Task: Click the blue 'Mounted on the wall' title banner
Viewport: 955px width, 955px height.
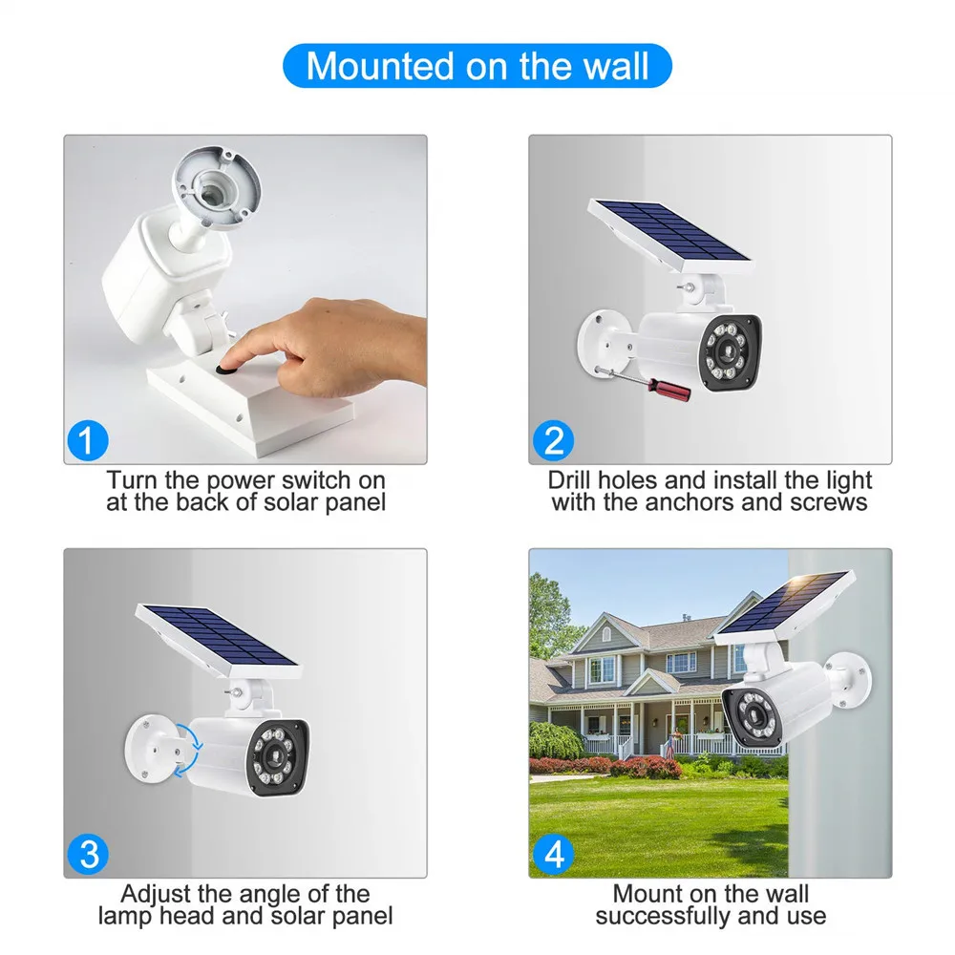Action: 477,66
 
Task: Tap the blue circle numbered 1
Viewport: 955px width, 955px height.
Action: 88,440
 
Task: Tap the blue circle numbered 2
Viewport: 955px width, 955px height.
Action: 553,440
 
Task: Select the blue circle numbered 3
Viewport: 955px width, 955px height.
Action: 88,854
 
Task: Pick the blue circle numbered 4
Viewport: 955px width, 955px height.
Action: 553,854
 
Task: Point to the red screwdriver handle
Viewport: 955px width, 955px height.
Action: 669,389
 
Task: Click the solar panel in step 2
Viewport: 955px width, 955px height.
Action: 670,235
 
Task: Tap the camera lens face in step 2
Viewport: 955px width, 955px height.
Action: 729,352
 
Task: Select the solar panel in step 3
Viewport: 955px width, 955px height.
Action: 218,641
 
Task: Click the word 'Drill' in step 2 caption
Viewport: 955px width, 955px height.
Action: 570,480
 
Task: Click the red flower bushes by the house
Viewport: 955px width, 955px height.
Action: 615,766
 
